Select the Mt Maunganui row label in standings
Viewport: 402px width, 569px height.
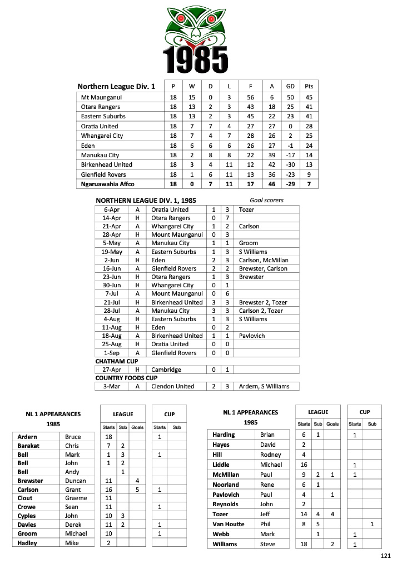tap(101, 97)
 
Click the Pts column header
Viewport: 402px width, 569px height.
tap(309, 86)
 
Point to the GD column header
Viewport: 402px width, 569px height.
tap(290, 86)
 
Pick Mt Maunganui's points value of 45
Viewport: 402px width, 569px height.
tap(309, 97)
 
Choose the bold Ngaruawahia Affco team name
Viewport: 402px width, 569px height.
tap(107, 184)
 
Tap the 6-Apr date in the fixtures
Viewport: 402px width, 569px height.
tap(111, 209)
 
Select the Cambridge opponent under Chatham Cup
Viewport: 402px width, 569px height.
tap(166, 370)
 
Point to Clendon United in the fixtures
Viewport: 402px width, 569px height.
tap(173, 386)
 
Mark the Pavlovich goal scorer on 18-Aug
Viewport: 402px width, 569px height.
tap(252, 336)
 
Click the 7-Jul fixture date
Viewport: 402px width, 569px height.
tap(113, 293)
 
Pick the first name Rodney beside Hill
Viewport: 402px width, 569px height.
tap(271, 455)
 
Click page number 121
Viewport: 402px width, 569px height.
tap(386, 556)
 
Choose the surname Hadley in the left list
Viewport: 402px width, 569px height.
tap(27, 543)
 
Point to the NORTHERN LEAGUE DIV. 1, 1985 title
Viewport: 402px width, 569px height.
tap(146, 200)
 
